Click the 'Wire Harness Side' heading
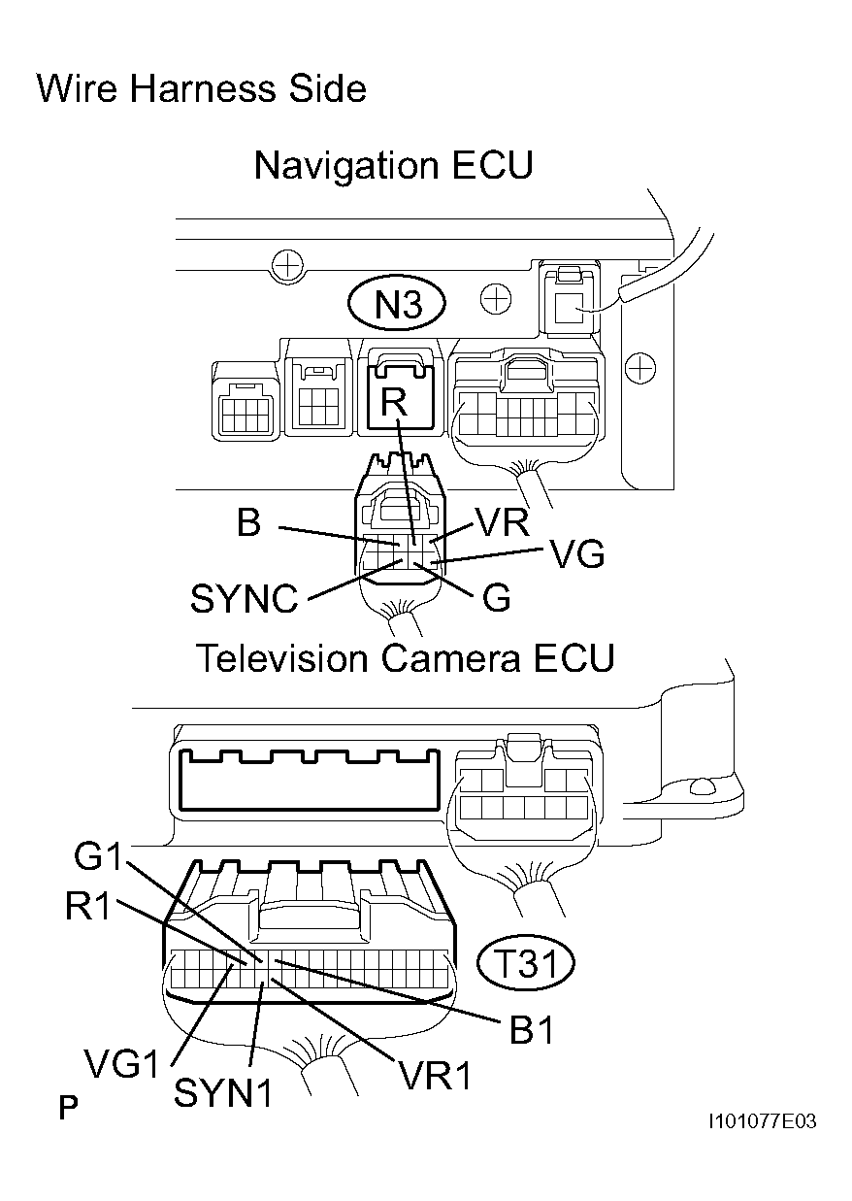coord(201,89)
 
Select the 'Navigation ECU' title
coord(393,165)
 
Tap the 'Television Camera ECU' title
coord(406,658)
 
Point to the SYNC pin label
coord(245,599)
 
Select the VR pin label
coord(502,524)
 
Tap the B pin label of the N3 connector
coord(248,524)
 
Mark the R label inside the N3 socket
coord(393,405)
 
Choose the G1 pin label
coord(99,858)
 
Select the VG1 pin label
coord(121,1066)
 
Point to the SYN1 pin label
coord(223,1093)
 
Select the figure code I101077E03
coord(762,1121)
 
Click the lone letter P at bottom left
coord(68,1108)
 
